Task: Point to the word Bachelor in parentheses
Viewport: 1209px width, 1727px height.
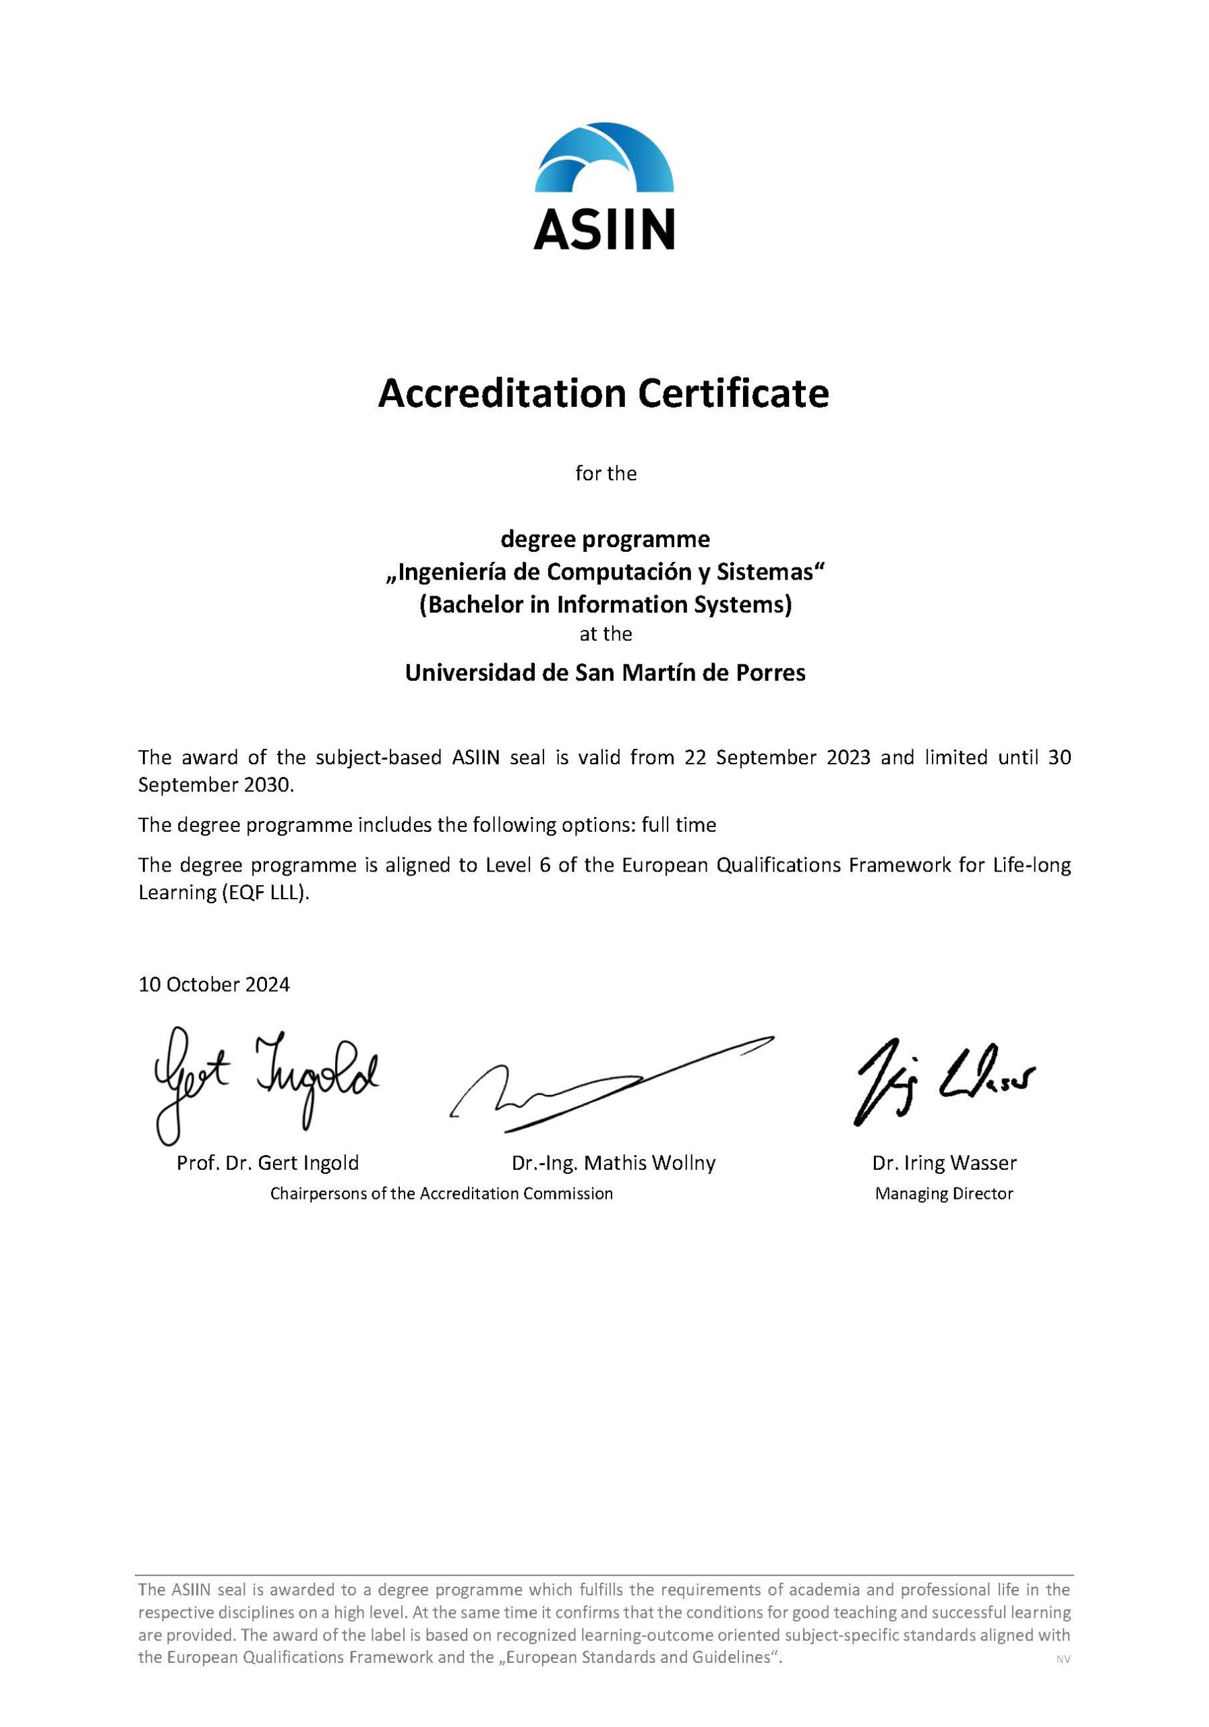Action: point(473,604)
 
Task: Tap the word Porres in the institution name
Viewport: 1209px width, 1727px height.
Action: point(775,672)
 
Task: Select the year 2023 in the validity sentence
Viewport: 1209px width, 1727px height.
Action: point(849,757)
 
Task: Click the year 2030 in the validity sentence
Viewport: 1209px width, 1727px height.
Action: point(268,785)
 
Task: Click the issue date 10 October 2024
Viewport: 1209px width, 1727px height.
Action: point(214,984)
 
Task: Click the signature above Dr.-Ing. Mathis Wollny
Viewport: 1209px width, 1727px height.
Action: point(609,1083)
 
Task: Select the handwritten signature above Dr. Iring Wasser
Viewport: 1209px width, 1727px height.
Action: point(943,1081)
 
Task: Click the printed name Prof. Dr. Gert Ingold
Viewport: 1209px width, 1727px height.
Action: point(268,1163)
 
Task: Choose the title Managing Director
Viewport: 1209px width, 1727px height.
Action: point(943,1193)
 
